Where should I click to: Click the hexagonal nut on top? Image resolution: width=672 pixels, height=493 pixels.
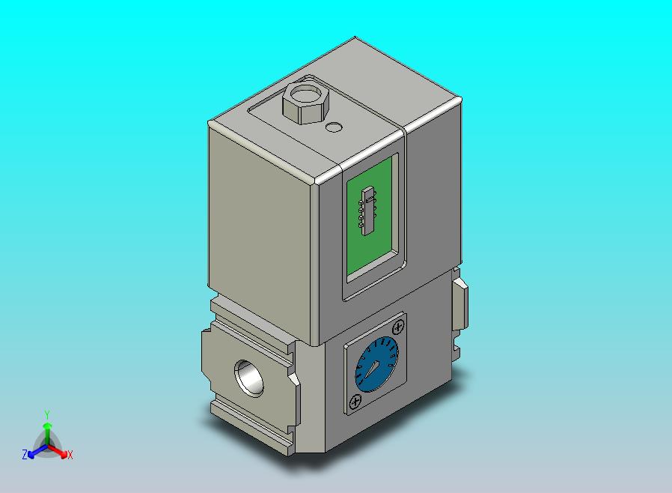pyautogui.click(x=305, y=102)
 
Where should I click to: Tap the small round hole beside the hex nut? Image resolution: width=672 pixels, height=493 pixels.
pyautogui.click(x=335, y=127)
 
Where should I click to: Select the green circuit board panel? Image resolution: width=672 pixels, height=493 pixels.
pyautogui.click(x=370, y=217)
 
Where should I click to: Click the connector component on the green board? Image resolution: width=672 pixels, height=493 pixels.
pyautogui.click(x=368, y=211)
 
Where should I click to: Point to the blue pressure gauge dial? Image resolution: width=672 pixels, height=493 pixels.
pyautogui.click(x=376, y=365)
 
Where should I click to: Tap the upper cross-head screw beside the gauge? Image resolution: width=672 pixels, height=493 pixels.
pyautogui.click(x=399, y=327)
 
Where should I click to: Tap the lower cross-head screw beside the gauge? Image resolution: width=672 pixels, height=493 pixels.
pyautogui.click(x=355, y=402)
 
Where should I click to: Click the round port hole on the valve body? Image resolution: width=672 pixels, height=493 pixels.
pyautogui.click(x=248, y=378)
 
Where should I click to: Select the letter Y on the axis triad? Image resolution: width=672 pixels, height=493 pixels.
pyautogui.click(x=47, y=414)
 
